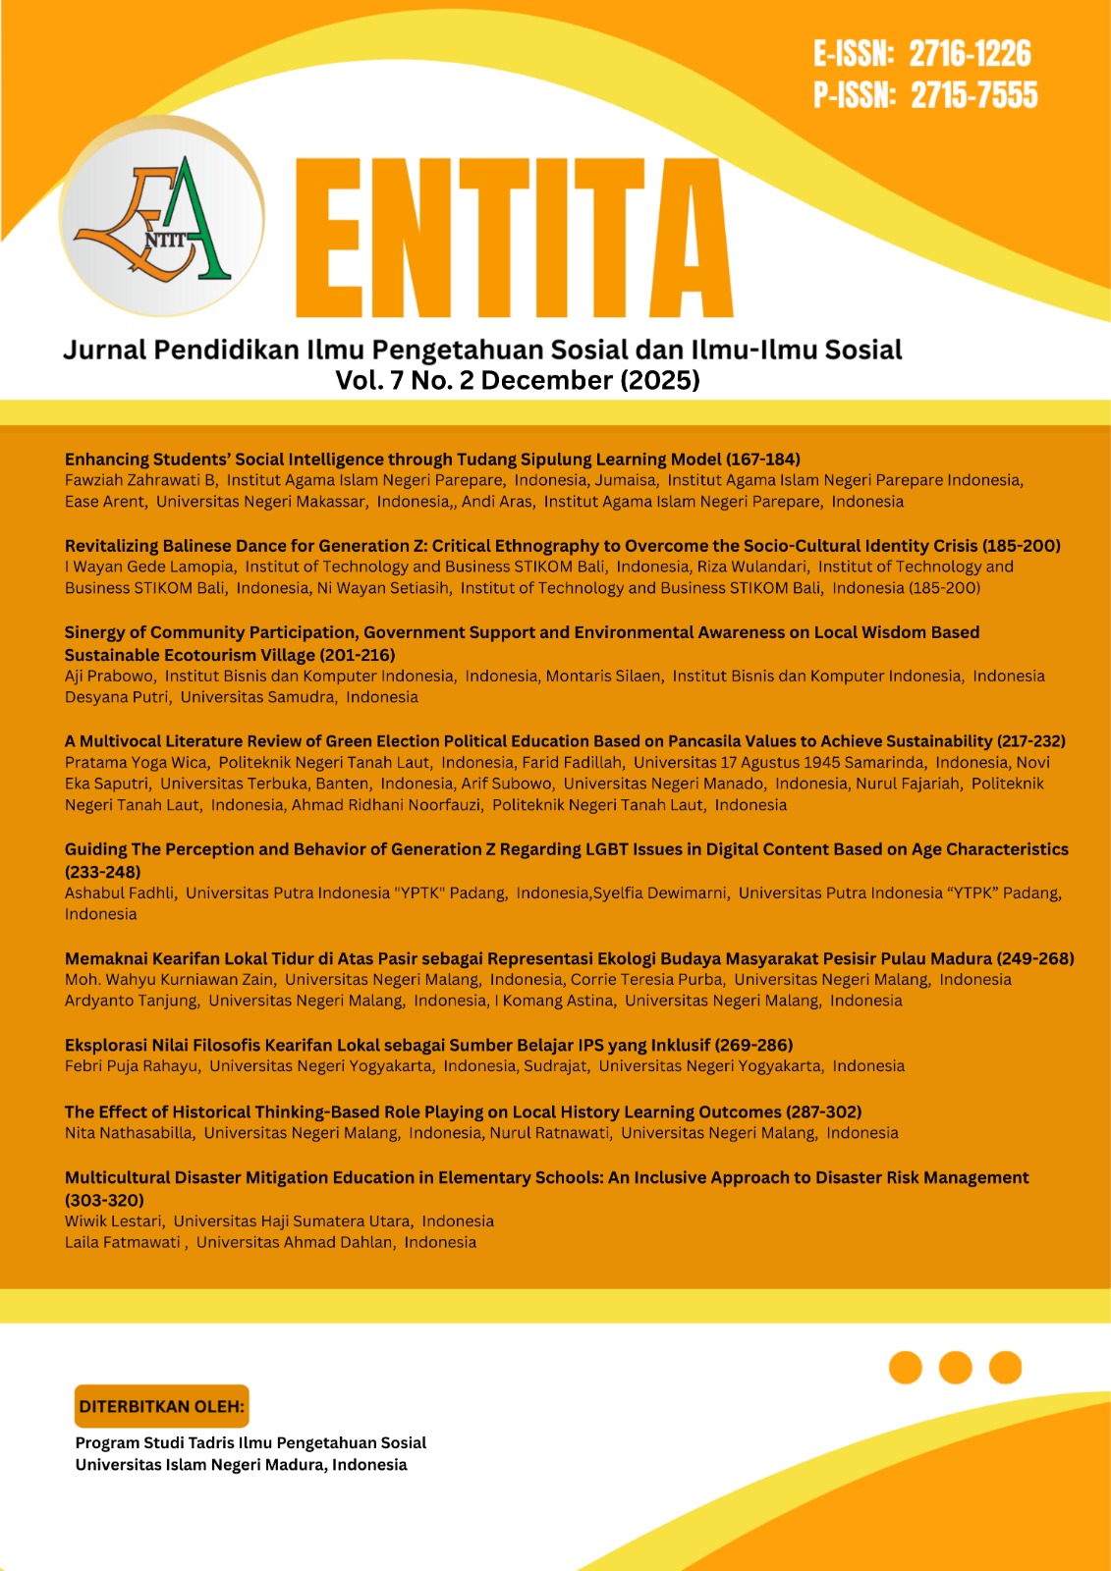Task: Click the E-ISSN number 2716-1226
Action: [x=970, y=54]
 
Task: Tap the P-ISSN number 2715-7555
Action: [x=973, y=95]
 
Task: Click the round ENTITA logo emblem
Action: [x=160, y=219]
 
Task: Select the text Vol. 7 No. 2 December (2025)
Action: [x=518, y=380]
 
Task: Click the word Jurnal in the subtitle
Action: [x=104, y=351]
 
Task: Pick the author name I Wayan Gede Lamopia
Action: [x=149, y=567]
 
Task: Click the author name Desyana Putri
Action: [x=117, y=697]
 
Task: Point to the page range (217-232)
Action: [x=1030, y=741]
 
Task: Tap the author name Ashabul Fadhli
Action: [x=120, y=893]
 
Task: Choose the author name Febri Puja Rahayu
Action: [x=132, y=1066]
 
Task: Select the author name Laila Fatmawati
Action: [x=122, y=1242]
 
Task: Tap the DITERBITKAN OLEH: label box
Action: [x=161, y=1406]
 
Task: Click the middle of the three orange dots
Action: [x=955, y=1367]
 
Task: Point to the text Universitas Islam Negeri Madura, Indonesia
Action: [x=241, y=1465]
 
